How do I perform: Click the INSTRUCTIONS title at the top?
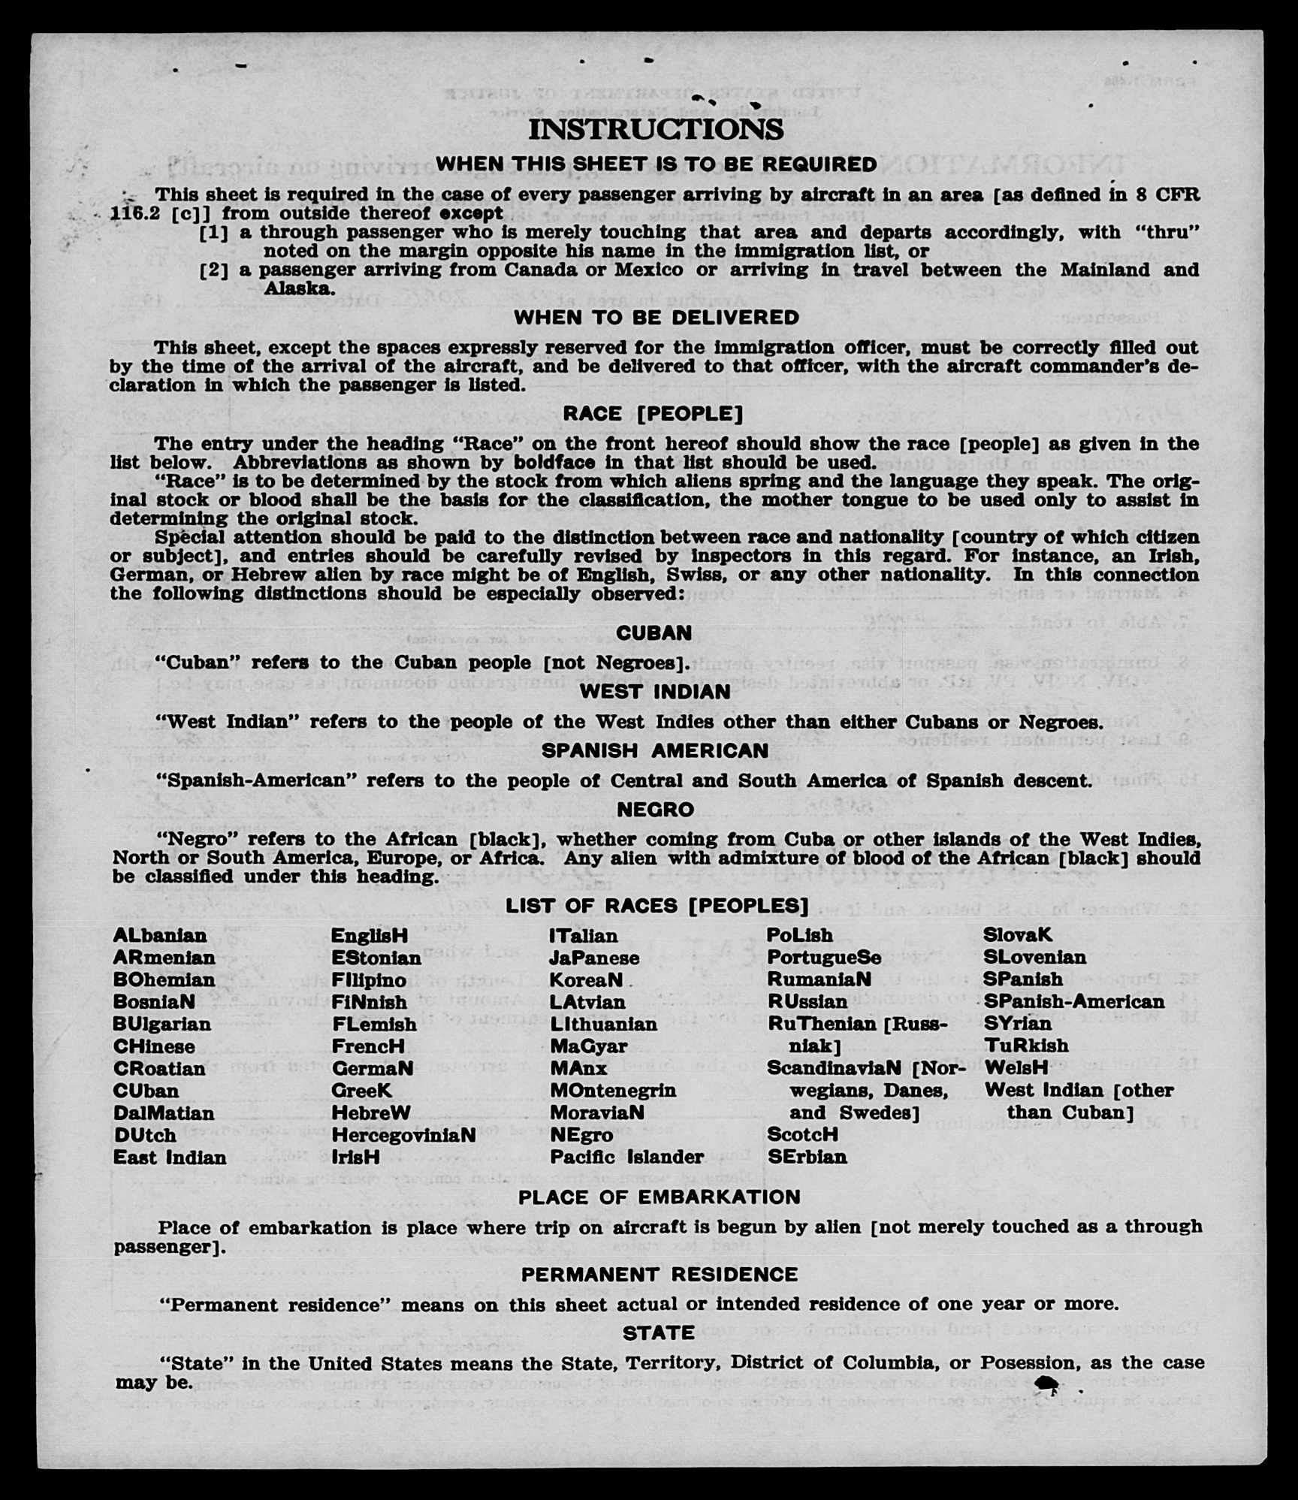656,129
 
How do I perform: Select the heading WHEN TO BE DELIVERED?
656,318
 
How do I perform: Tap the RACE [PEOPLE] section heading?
653,414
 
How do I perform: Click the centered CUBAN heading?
654,633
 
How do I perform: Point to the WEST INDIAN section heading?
654,692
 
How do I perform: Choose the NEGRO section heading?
655,810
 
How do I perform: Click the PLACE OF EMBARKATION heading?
659,1197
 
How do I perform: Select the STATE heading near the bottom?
658,1333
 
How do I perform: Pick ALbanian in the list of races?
159,936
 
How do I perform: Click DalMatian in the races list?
164,1113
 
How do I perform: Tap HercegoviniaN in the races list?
403,1135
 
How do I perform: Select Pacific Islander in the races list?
626,1157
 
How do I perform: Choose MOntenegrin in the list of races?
613,1091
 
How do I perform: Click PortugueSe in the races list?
824,958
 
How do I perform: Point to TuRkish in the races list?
1026,1046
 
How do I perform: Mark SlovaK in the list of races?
1018,936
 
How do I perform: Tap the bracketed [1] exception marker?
213,233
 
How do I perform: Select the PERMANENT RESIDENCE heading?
659,1275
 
